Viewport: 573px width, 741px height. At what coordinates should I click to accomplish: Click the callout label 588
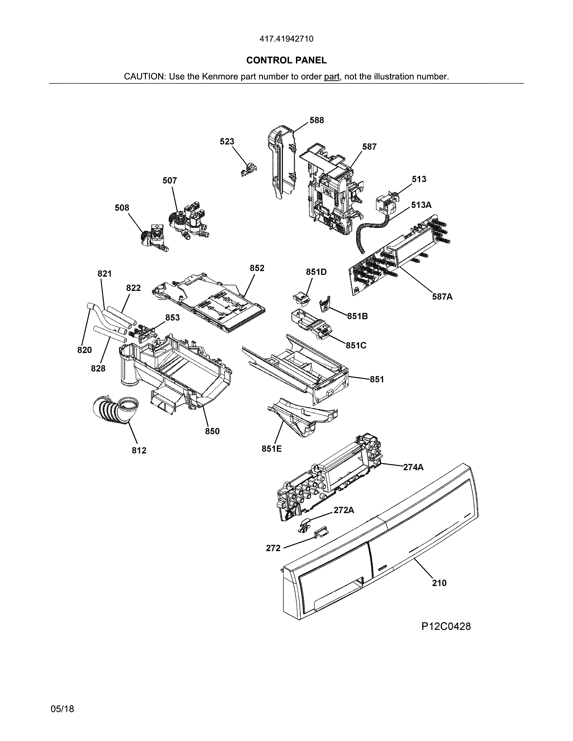click(316, 120)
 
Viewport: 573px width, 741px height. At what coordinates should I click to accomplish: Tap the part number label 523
click(227, 141)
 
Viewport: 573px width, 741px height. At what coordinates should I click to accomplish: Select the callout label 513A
click(421, 205)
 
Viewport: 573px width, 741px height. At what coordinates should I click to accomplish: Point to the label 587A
click(442, 297)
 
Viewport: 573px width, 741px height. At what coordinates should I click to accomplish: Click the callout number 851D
click(316, 272)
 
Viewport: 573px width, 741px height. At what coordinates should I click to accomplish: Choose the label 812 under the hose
click(139, 451)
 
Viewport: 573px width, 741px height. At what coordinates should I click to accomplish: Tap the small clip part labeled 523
click(248, 170)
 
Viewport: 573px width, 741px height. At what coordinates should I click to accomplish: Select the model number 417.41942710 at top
click(286, 39)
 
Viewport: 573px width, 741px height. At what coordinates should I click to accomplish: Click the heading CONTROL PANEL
click(286, 60)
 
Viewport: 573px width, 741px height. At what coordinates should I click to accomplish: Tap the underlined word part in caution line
click(332, 77)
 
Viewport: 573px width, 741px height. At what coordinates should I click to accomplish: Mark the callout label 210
click(439, 583)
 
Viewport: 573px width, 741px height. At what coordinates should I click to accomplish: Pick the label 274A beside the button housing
click(413, 467)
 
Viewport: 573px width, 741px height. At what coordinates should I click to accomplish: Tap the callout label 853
click(172, 317)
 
